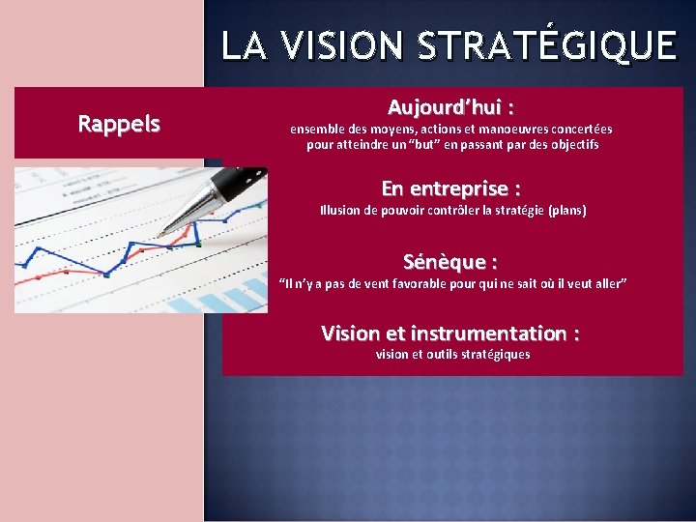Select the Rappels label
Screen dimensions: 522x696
[x=119, y=124]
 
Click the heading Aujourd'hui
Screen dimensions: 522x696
[x=450, y=105]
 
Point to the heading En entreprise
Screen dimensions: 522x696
[x=451, y=188]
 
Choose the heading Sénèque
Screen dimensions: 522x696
[x=450, y=261]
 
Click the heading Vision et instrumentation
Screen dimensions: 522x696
[x=450, y=333]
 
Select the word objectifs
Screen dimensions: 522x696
[x=571, y=145]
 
